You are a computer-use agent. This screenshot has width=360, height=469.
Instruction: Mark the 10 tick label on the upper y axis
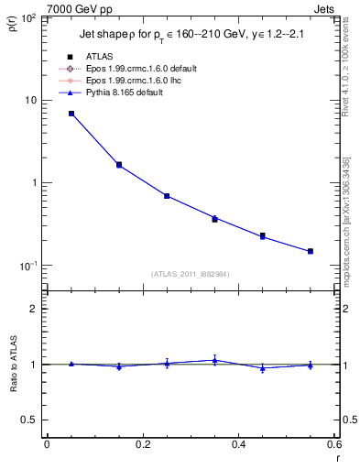pos(33,100)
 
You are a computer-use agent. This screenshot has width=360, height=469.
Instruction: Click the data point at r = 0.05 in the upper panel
pos(71,114)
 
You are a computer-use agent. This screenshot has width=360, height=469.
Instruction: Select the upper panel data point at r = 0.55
pos(311,251)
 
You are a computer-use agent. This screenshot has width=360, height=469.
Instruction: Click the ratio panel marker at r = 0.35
pos(214,360)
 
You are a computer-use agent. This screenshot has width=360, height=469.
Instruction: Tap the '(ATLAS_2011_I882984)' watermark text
pos(191,274)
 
